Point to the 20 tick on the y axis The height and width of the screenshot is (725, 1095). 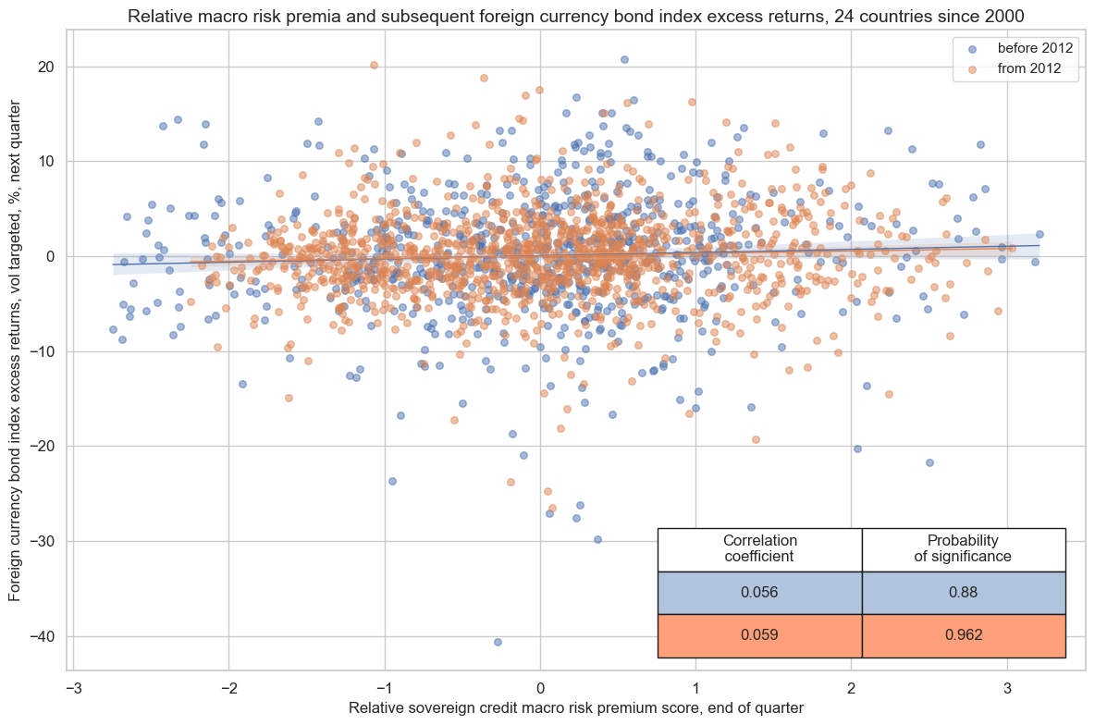point(45,67)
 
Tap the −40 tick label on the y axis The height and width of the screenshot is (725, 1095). point(42,636)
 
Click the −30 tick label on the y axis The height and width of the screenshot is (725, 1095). point(42,541)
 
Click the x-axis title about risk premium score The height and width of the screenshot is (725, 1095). point(575,708)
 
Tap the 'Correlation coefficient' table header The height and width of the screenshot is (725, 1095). point(759,548)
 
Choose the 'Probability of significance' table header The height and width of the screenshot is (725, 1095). point(963,548)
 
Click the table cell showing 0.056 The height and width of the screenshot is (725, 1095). point(759,593)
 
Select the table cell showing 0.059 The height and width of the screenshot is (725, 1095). point(759,635)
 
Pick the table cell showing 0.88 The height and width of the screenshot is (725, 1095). point(963,593)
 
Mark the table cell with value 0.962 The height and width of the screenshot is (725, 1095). point(963,635)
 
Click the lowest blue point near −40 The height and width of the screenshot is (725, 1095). point(498,642)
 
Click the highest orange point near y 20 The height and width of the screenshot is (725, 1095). point(374,65)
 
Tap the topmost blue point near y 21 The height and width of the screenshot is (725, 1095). point(624,59)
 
